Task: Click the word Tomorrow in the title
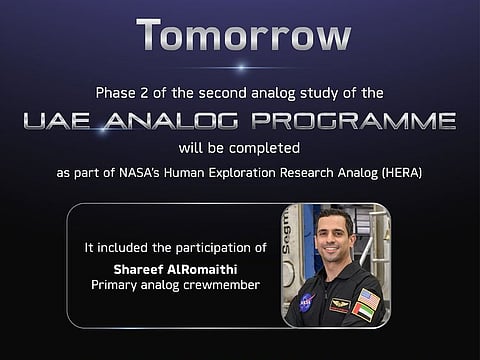pos(244,35)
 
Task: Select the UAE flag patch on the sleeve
pos(367,312)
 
